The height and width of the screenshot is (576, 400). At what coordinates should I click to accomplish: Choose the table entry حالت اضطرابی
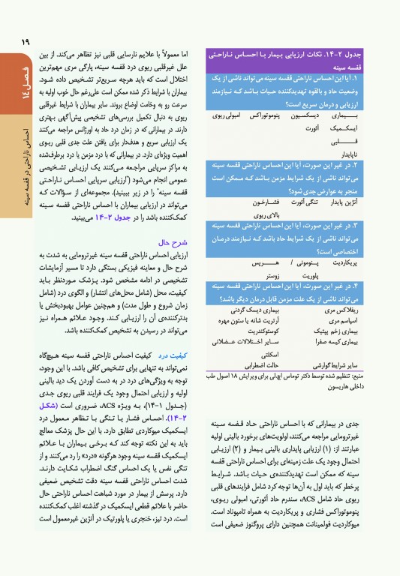(x=263, y=362)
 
